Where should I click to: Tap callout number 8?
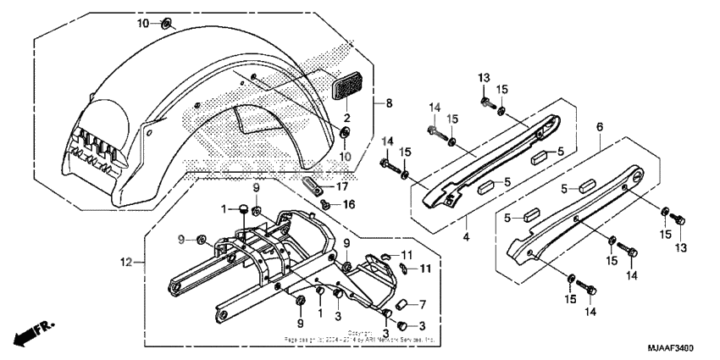pos(390,104)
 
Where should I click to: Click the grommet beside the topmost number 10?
pos(166,21)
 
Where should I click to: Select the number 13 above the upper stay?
pos(485,78)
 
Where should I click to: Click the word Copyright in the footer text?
pos(360,332)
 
